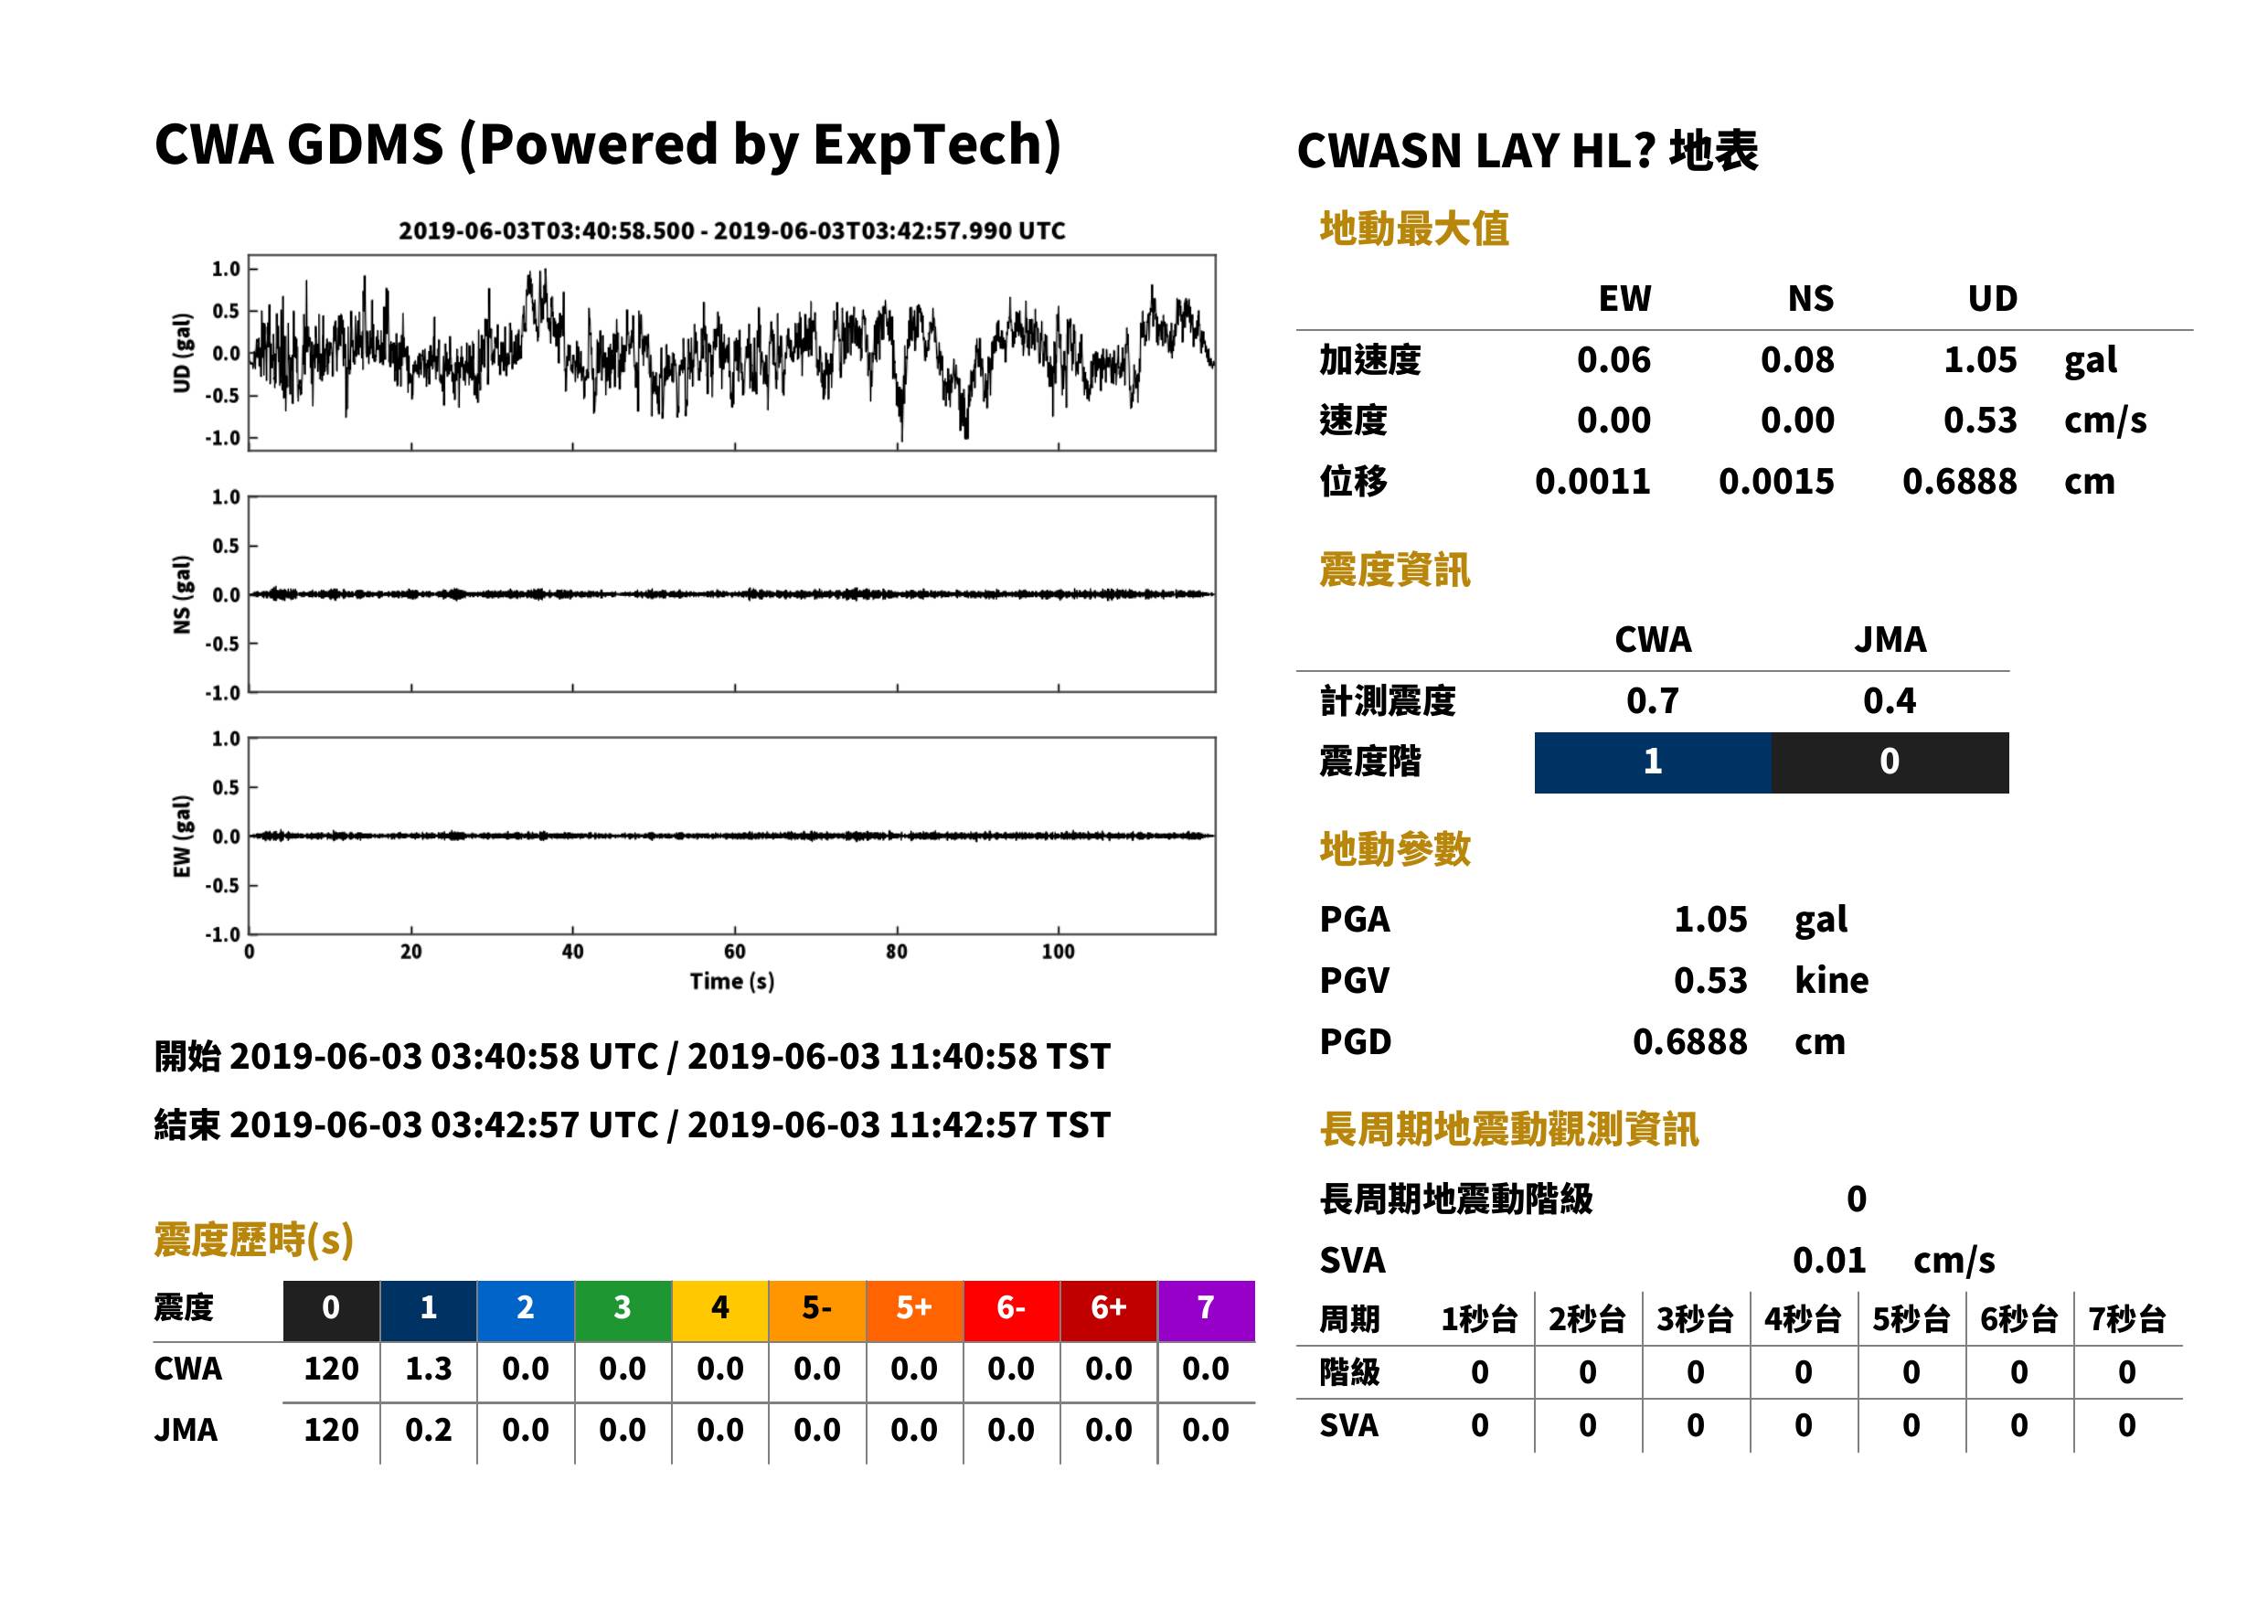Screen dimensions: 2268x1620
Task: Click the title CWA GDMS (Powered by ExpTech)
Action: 607,144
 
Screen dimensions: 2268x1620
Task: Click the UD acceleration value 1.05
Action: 1980,360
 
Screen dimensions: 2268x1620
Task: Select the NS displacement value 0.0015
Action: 1776,482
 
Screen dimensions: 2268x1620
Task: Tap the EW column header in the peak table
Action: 1624,298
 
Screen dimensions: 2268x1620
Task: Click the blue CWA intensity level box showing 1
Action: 1653,762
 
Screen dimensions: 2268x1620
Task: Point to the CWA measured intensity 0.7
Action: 1653,700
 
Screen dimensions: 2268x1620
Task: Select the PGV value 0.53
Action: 1710,981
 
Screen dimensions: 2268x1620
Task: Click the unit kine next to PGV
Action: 1831,981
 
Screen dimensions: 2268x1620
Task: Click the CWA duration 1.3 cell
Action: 428,1369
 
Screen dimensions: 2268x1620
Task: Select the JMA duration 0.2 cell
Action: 428,1431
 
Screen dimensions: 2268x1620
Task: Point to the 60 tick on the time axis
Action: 734,952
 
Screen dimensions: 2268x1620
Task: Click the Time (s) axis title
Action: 732,982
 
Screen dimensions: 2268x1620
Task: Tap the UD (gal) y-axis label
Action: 182,353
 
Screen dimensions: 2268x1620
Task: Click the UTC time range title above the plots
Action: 732,231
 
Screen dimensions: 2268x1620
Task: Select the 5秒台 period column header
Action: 1911,1320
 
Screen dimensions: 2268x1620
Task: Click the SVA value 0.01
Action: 1829,1261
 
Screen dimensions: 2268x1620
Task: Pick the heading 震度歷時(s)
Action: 254,1240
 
